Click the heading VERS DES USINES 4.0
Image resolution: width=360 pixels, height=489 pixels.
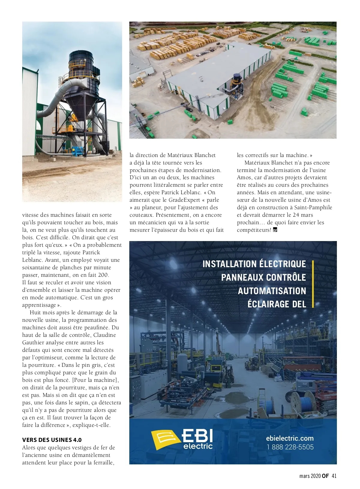pyautogui.click(x=52, y=440)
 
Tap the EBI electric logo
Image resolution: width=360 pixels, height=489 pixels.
pyautogui.click(x=182, y=439)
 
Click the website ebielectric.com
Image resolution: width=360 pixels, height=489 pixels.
pyautogui.click(x=289, y=438)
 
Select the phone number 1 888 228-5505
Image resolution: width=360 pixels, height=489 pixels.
pyautogui.click(x=290, y=447)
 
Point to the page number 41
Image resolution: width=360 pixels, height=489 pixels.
pyautogui.click(x=334, y=476)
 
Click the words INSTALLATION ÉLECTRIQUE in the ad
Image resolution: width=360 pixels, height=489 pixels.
pyautogui.click(x=254, y=264)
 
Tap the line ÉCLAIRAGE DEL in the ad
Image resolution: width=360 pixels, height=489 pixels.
pyautogui.click(x=277, y=304)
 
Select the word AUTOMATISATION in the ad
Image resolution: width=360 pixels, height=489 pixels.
pyautogui.click(x=272, y=291)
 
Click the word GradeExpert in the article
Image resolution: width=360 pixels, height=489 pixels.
pyautogui.click(x=184, y=200)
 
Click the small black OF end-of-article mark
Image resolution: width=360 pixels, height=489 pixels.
pyautogui.click(x=275, y=230)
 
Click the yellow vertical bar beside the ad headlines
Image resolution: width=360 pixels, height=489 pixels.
pyautogui.click(x=313, y=284)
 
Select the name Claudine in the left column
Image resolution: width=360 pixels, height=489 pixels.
pyautogui.click(x=104, y=335)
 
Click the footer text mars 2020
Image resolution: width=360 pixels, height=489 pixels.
pyautogui.click(x=310, y=476)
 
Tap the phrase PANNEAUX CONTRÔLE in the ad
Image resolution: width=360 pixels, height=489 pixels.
pyautogui.click(x=263, y=277)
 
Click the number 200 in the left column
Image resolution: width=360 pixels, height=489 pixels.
pyautogui.click(x=103, y=275)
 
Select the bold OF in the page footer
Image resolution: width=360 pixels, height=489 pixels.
pyautogui.click(x=325, y=476)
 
